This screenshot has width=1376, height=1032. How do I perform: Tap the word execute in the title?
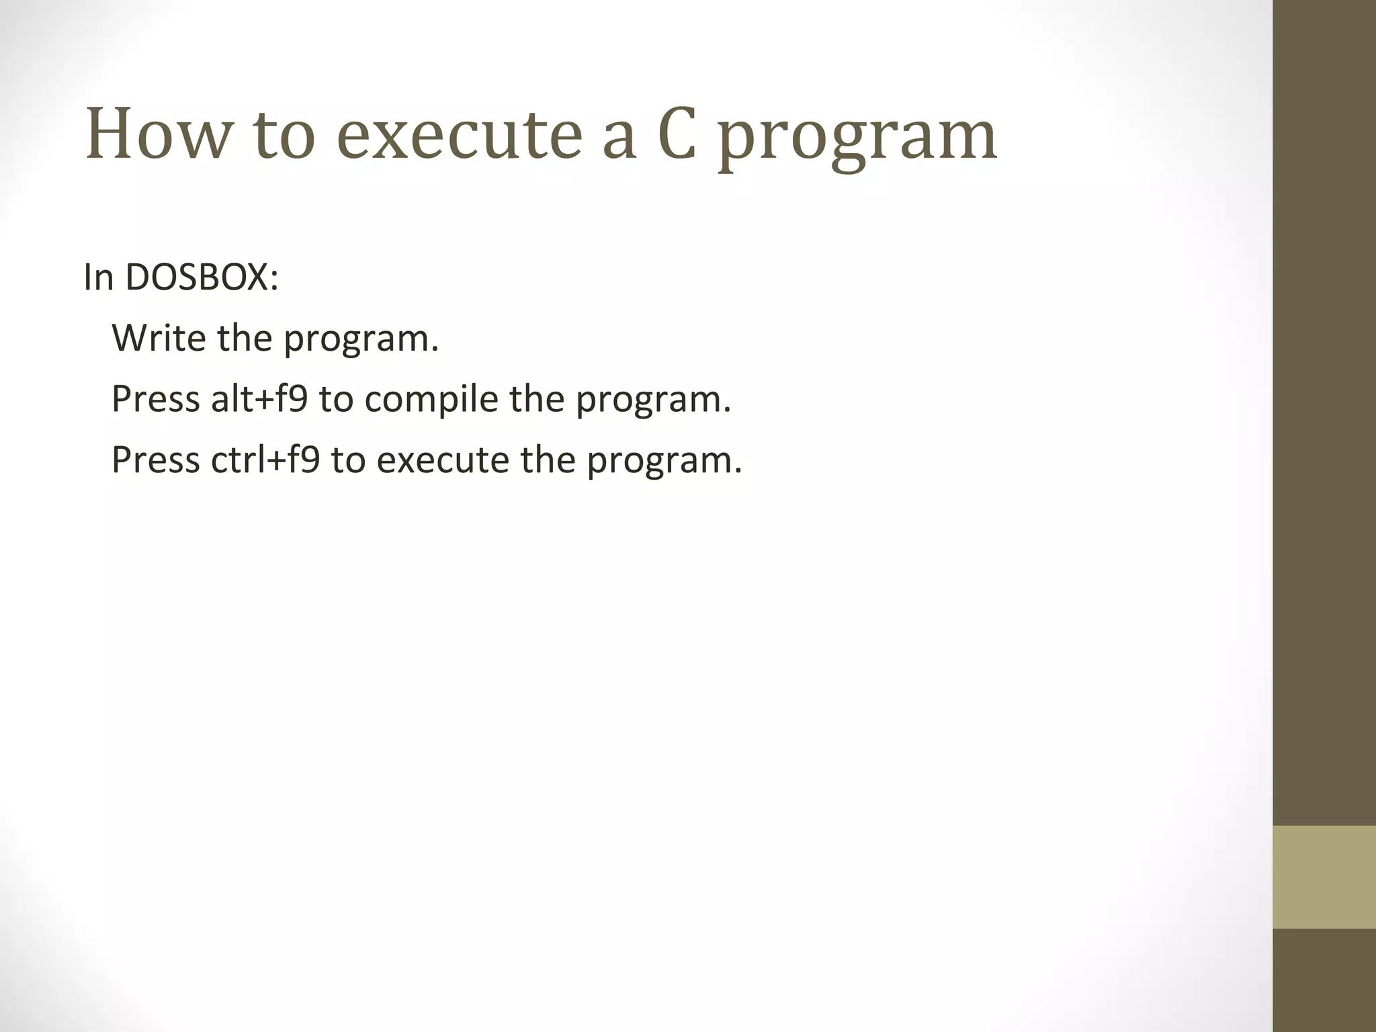(459, 135)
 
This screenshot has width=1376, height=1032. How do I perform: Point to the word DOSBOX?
(201, 277)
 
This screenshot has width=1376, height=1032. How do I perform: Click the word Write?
(159, 337)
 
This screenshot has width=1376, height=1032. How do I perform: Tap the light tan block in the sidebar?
(1324, 877)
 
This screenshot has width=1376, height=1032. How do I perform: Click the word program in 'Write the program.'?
(360, 340)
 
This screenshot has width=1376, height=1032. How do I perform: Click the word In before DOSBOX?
(98, 277)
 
